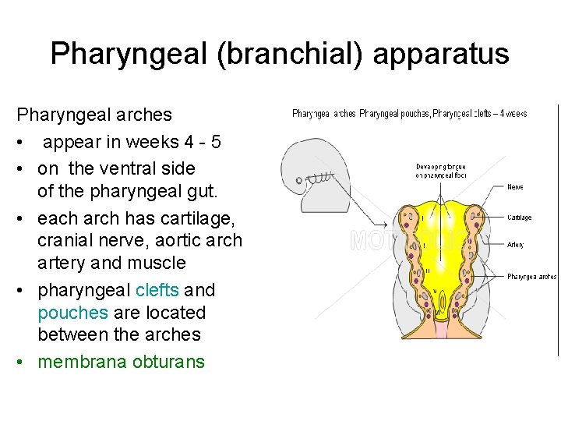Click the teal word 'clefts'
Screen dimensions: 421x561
(x=157, y=291)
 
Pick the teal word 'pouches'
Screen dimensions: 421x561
(x=72, y=313)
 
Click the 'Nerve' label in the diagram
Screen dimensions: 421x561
(x=515, y=187)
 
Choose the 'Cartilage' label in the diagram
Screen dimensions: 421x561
(x=520, y=218)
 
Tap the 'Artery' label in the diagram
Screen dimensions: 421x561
(x=516, y=245)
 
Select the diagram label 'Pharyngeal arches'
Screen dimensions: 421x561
(x=531, y=276)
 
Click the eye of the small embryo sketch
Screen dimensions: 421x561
(x=298, y=180)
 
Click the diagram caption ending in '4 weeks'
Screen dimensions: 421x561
(x=409, y=114)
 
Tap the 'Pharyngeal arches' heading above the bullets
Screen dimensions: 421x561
(x=94, y=115)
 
